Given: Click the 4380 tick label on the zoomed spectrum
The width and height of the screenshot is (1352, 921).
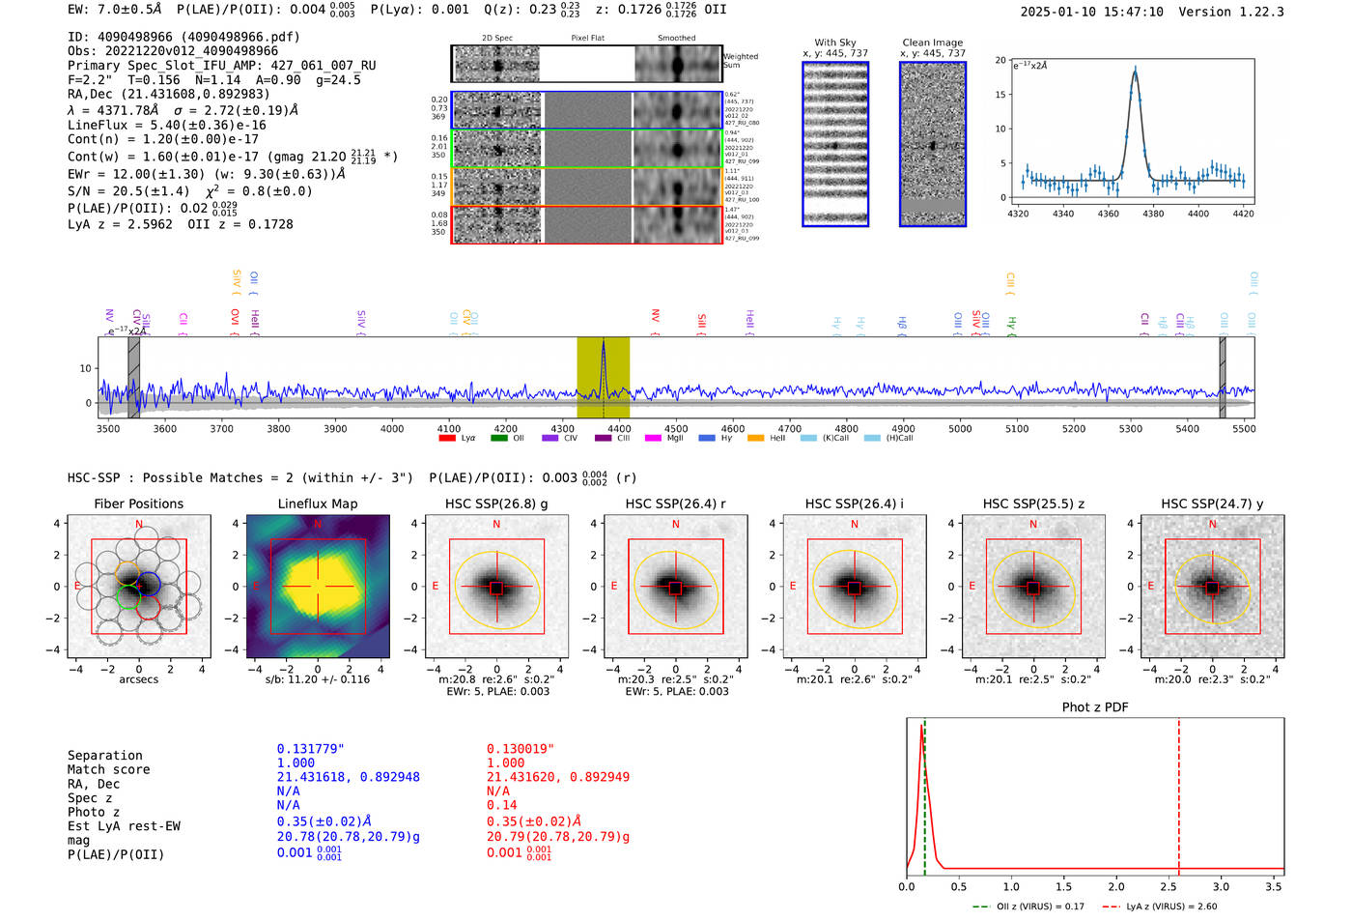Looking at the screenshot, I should [1153, 214].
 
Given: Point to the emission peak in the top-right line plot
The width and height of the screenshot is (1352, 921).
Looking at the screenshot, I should [1135, 70].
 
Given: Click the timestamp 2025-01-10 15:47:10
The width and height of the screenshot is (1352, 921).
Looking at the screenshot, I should [1091, 12].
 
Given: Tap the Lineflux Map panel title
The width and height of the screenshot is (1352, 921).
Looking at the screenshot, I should [317, 504].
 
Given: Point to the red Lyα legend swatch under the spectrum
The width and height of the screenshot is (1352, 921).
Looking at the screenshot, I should [447, 439].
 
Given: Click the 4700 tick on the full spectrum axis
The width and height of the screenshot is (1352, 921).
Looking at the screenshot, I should [790, 429].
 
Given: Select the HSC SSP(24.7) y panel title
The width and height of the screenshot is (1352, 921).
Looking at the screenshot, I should [1212, 504].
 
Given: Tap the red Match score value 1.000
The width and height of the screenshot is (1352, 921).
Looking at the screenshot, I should [506, 763].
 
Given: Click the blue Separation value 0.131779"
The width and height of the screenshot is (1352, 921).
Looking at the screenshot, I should [311, 749].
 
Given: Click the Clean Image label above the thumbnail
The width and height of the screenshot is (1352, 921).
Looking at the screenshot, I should [932, 43].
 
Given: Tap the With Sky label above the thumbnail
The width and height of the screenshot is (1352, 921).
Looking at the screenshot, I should [834, 43].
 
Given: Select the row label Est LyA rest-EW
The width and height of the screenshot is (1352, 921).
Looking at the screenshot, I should [124, 826].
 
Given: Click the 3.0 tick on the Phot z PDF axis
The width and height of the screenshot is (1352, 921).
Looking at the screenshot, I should [1221, 886].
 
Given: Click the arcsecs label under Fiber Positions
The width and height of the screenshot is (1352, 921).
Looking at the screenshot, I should [138, 679].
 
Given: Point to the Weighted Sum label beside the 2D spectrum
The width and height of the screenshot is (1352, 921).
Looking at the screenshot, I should [740, 61].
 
